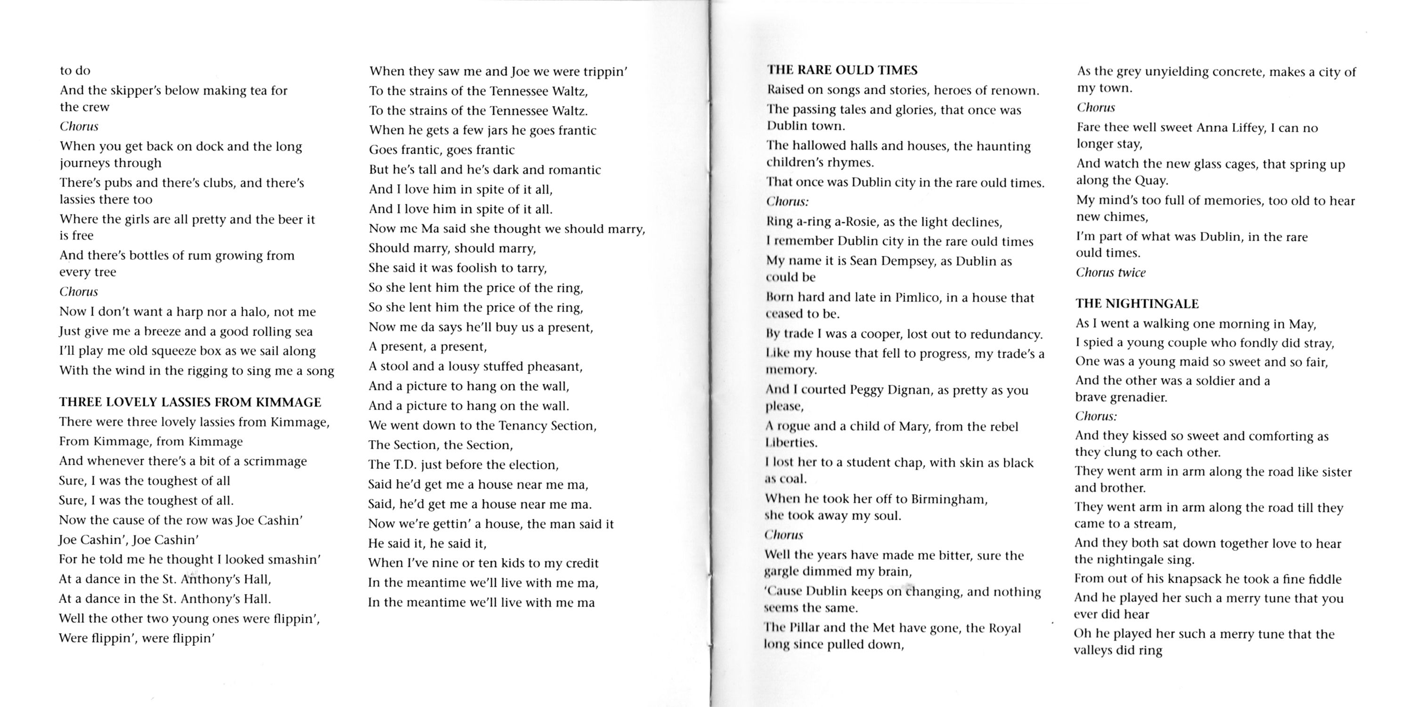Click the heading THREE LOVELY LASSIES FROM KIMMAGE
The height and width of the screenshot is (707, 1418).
pyautogui.click(x=190, y=402)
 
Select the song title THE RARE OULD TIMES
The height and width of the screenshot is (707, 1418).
pyautogui.click(x=842, y=70)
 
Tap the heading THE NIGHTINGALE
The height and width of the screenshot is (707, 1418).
pyautogui.click(x=1137, y=304)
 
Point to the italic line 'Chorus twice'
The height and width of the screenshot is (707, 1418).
pyautogui.click(x=1110, y=272)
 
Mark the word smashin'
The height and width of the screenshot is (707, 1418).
pyautogui.click(x=293, y=559)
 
